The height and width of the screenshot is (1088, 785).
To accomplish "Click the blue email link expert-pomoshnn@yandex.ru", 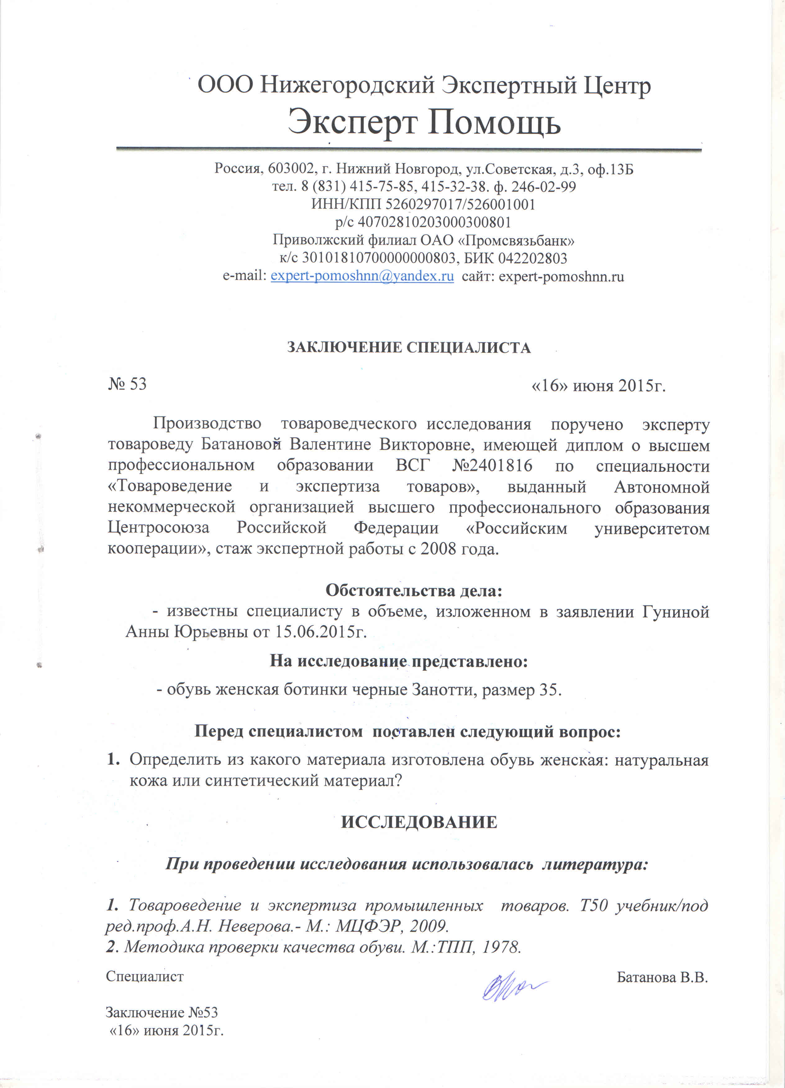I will click(362, 277).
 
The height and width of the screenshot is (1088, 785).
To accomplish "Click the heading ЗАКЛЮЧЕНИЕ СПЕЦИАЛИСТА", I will click(409, 347).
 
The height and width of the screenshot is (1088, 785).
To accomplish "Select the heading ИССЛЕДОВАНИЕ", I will click(419, 822).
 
